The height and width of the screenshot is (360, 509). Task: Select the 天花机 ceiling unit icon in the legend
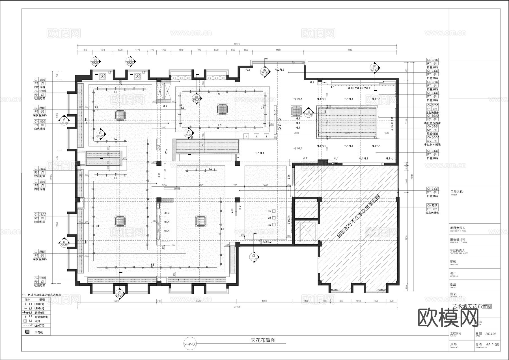point(27,332)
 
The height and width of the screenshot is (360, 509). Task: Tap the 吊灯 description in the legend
point(37,321)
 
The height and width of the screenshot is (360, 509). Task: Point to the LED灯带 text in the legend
point(39,325)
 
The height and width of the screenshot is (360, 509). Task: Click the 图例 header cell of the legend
point(27,299)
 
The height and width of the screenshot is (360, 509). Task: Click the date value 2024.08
point(491,334)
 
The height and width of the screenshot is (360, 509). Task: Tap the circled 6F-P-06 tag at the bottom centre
point(190,344)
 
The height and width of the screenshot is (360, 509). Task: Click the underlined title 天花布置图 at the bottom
point(263,340)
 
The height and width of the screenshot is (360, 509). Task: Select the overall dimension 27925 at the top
point(237,44)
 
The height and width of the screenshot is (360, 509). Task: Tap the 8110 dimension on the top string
point(350,50)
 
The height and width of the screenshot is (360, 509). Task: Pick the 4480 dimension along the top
point(278,50)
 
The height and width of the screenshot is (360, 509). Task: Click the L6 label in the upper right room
point(333,87)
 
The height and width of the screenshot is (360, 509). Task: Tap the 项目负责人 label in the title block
point(458,228)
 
